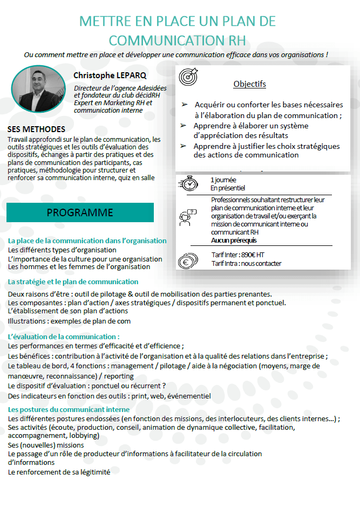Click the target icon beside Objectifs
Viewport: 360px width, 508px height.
[x=188, y=77]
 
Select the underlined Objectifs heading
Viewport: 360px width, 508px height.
[x=249, y=84]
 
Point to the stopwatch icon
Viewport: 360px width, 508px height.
[x=189, y=183]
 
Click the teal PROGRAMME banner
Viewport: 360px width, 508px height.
[x=80, y=212]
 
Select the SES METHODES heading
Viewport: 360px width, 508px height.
[x=37, y=129]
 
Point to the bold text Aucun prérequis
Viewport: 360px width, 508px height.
[x=234, y=241]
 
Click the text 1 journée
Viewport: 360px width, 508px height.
[x=224, y=180]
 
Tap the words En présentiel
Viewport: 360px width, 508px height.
[x=227, y=188]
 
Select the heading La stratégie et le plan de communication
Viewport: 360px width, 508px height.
[x=73, y=282]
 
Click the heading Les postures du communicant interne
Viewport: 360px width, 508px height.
[x=69, y=410]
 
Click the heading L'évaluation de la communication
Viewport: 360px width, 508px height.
[x=64, y=337]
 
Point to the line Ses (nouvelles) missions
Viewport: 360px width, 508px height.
[x=46, y=445]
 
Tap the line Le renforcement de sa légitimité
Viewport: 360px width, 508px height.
[x=59, y=472]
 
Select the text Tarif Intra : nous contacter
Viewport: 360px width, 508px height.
[x=247, y=263]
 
